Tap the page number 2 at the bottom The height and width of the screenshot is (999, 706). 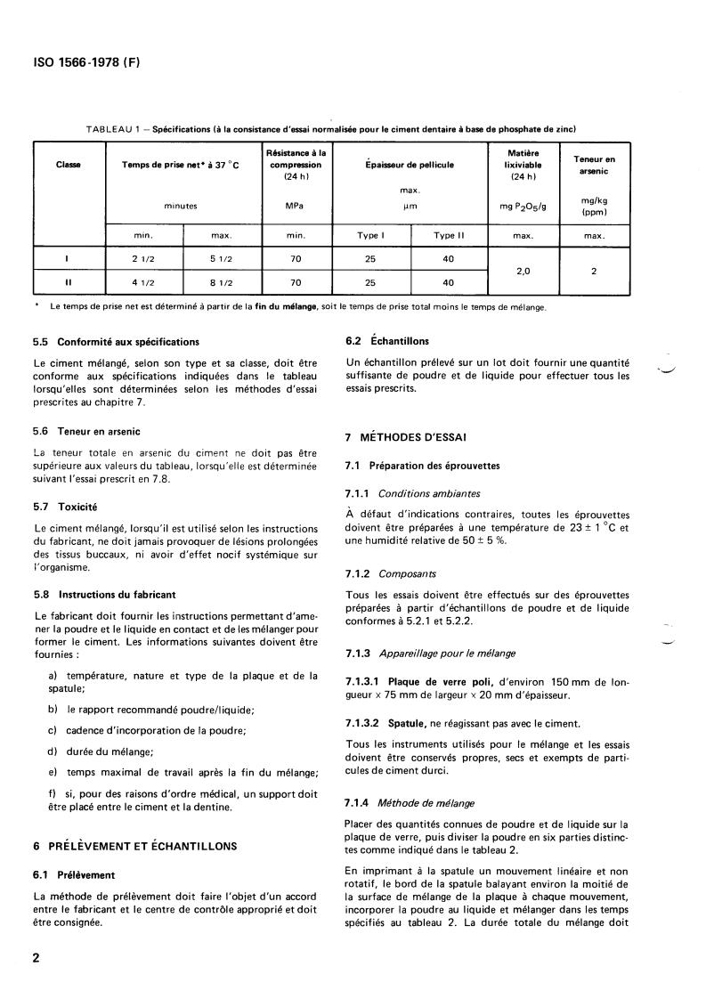click(x=37, y=959)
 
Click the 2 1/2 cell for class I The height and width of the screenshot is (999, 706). click(x=144, y=259)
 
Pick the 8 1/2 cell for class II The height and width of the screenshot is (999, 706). click(x=222, y=282)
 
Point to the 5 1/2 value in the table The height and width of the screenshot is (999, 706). click(x=222, y=259)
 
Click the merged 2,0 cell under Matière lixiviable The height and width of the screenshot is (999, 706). click(x=523, y=271)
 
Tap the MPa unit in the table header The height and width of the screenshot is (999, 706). click(x=294, y=206)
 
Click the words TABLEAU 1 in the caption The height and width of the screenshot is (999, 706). click(x=115, y=129)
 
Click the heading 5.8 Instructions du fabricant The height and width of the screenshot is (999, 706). click(x=104, y=594)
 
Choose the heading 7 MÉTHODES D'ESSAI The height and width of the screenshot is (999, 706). click(x=404, y=437)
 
